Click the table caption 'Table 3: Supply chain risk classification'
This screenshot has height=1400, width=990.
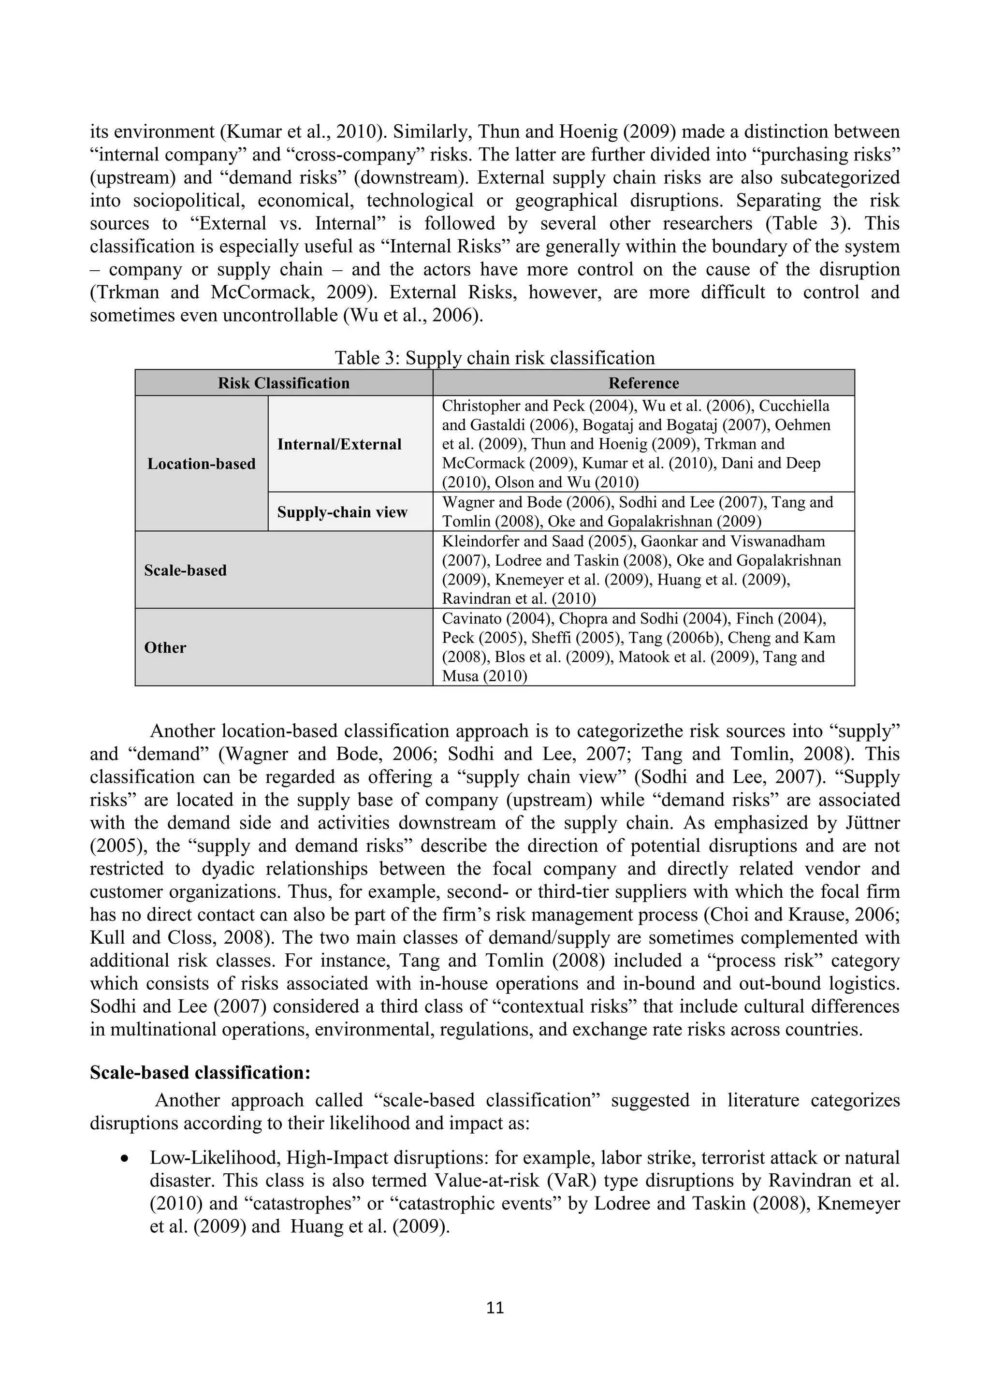(x=495, y=358)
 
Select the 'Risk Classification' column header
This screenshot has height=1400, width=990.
(x=283, y=383)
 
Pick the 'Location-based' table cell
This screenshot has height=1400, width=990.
(x=201, y=464)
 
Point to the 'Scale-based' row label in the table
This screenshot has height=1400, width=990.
(x=185, y=570)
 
